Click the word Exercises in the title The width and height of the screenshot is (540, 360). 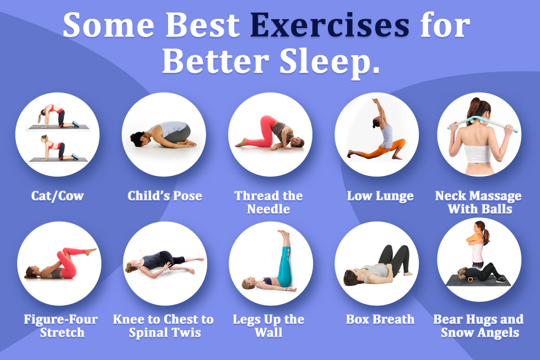coord(330,25)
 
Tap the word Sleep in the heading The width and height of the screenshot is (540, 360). coord(330,62)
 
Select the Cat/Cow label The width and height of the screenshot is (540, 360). coord(57,196)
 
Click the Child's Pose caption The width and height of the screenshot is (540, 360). coord(165,196)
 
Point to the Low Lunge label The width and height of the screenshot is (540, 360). coord(380,196)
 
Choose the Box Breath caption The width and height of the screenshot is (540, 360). coord(380,319)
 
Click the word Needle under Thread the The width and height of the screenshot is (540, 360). coord(269,209)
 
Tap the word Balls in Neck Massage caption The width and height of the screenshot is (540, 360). coord(496,209)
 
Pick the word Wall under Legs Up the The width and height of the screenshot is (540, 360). coord(269,332)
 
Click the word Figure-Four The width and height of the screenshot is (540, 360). coord(61,319)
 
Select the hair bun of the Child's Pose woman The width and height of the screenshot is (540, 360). coord(133,137)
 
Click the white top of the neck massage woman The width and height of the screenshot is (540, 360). coord(478,153)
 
